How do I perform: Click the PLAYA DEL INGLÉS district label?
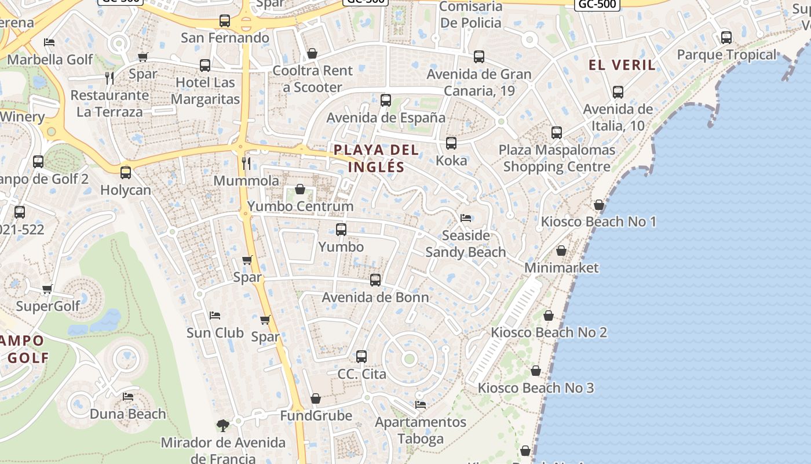click(x=377, y=158)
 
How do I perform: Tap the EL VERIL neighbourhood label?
click(x=622, y=65)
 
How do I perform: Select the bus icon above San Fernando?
click(x=225, y=21)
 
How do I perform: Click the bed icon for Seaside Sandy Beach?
click(x=466, y=218)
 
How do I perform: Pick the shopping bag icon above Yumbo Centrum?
click(x=300, y=189)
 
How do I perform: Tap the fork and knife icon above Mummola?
click(x=246, y=164)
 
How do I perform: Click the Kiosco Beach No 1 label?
click(x=598, y=222)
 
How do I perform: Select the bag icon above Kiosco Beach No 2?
click(x=549, y=316)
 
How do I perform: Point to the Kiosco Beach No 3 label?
click(x=536, y=388)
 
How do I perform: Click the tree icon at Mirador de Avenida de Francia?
click(x=222, y=426)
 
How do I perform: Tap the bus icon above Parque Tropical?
click(x=726, y=38)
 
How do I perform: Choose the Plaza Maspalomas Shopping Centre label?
click(x=557, y=158)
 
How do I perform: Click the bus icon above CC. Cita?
click(x=361, y=356)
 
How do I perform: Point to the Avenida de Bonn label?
click(x=375, y=298)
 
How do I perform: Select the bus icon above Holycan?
click(x=125, y=173)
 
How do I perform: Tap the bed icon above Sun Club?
click(x=215, y=316)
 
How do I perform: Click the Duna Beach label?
click(x=128, y=414)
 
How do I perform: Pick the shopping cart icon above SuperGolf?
click(x=48, y=289)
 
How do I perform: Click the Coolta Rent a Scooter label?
click(x=312, y=79)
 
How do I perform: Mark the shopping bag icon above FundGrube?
click(x=316, y=398)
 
